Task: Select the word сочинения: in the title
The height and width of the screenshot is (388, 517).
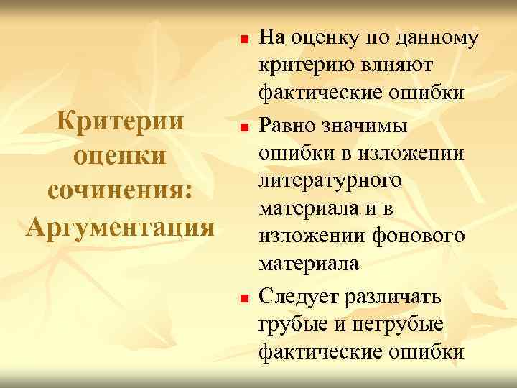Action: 119,192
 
